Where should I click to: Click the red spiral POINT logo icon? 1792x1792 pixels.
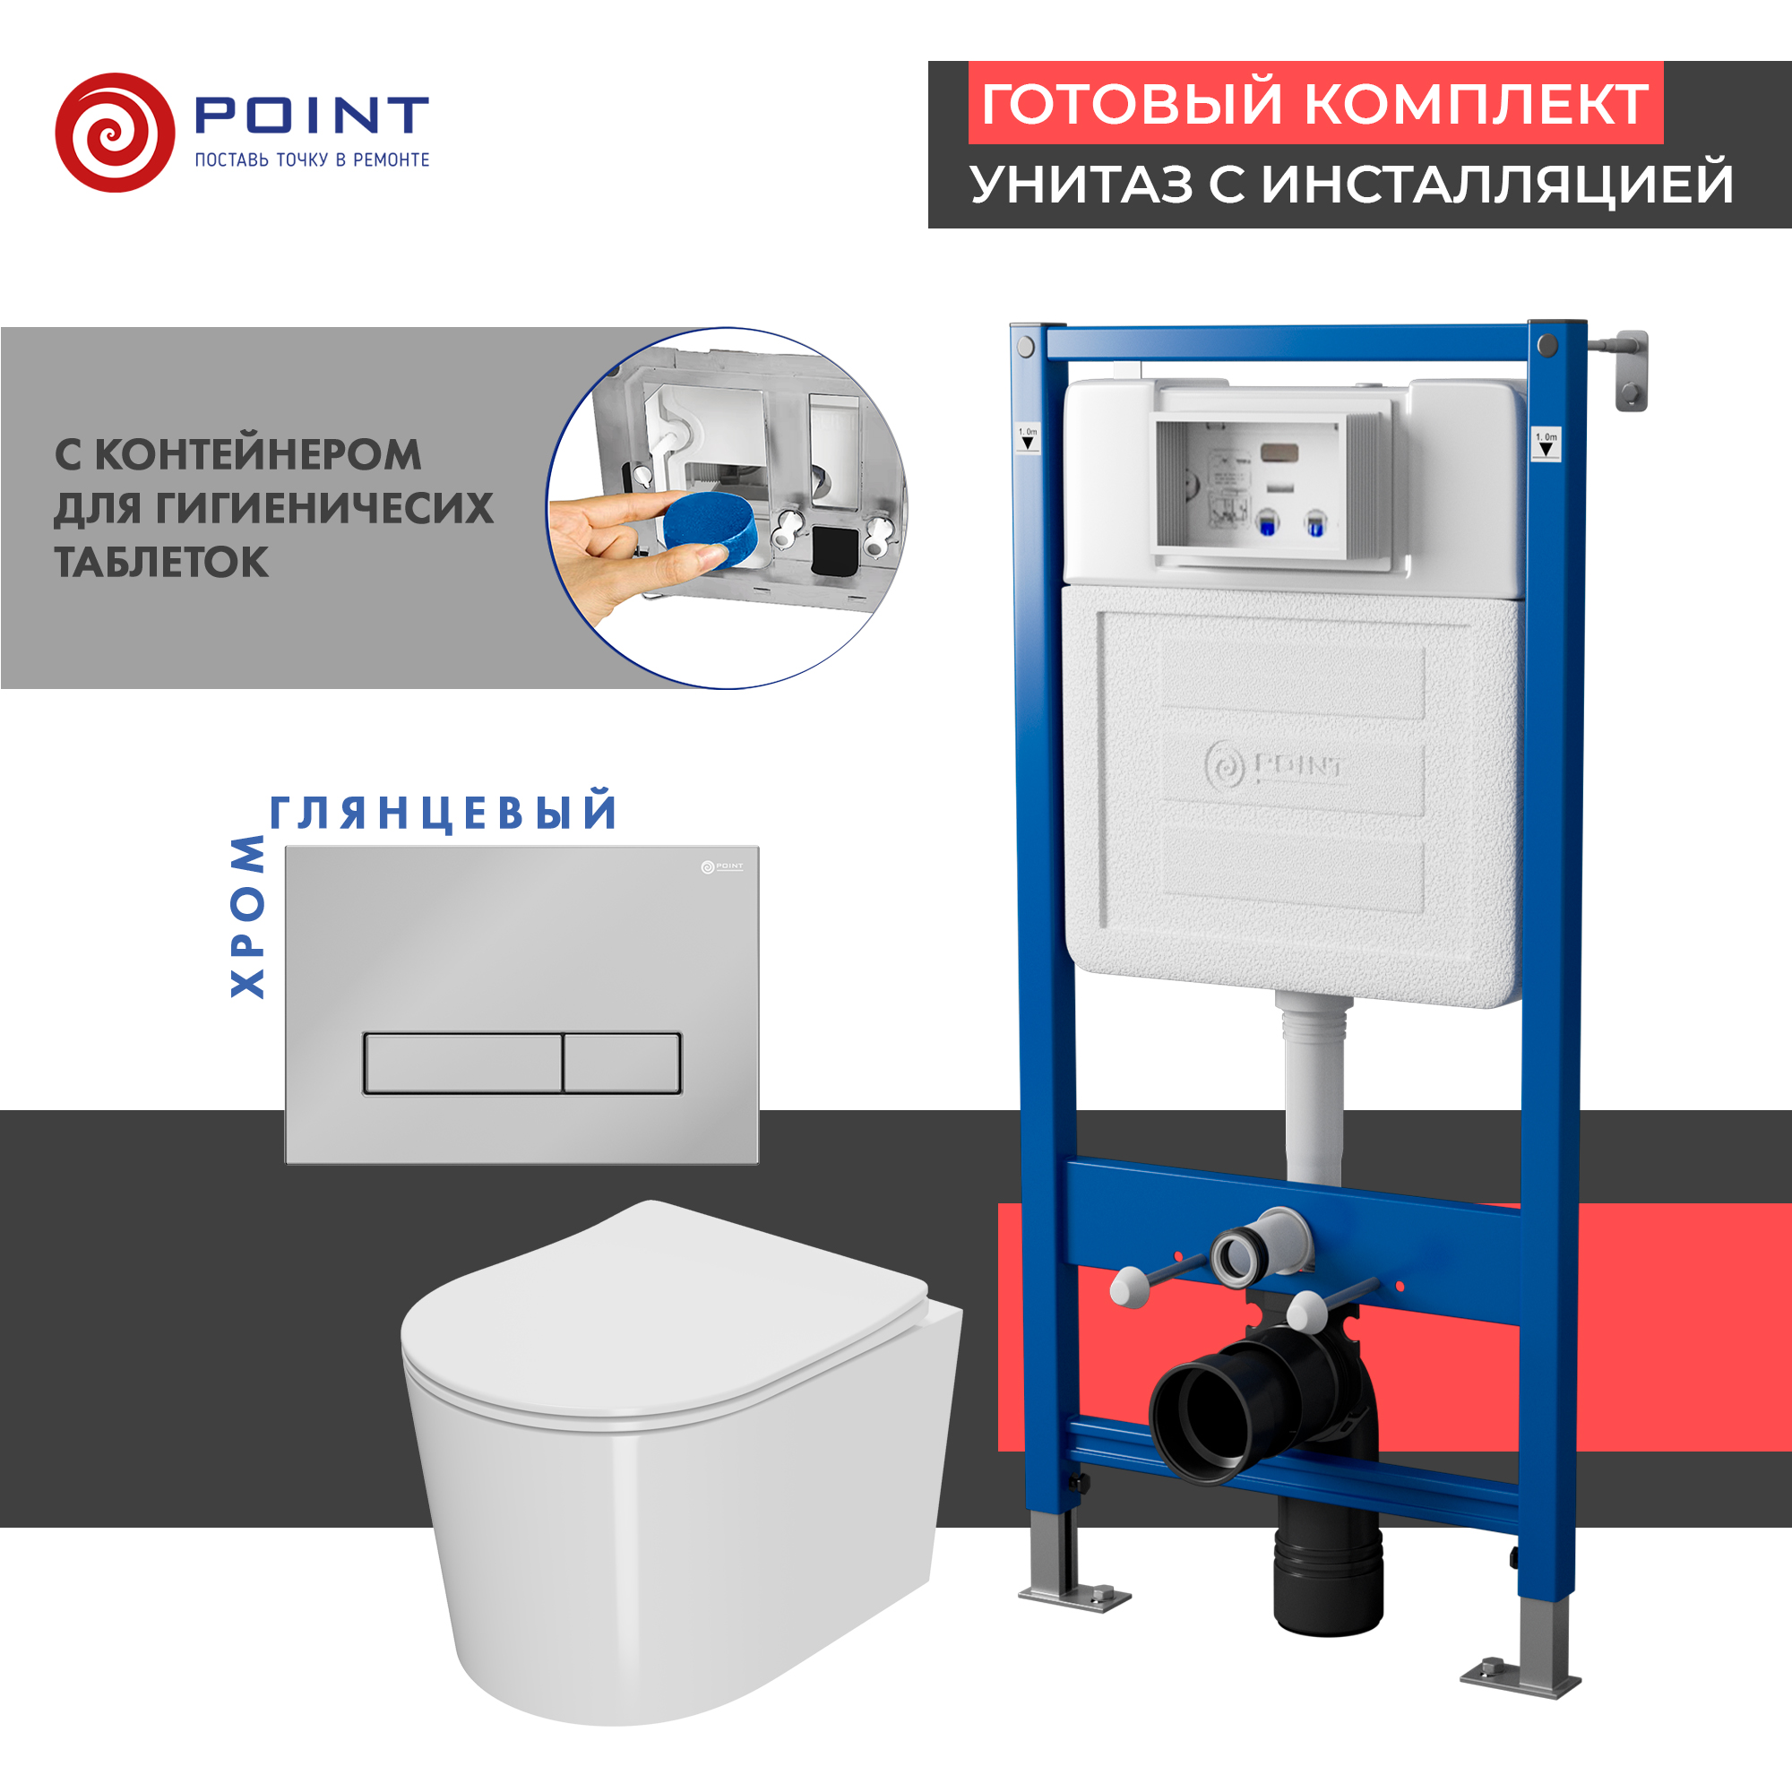click(x=114, y=133)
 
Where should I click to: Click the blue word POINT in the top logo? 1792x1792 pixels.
click(x=311, y=115)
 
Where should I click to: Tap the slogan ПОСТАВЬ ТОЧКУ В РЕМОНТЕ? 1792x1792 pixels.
click(x=312, y=160)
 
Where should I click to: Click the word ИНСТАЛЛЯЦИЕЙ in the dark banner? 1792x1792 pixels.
click(x=1497, y=185)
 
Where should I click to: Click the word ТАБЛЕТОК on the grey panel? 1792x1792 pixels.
click(x=161, y=563)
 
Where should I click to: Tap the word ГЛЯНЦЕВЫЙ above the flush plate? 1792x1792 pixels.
click(x=444, y=813)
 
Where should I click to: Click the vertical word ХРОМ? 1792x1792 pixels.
click(x=247, y=917)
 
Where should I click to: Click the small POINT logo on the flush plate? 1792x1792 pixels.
click(x=721, y=866)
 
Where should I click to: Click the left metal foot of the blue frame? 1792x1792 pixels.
click(x=1074, y=1597)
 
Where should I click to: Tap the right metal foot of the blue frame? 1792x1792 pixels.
click(x=1521, y=1679)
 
